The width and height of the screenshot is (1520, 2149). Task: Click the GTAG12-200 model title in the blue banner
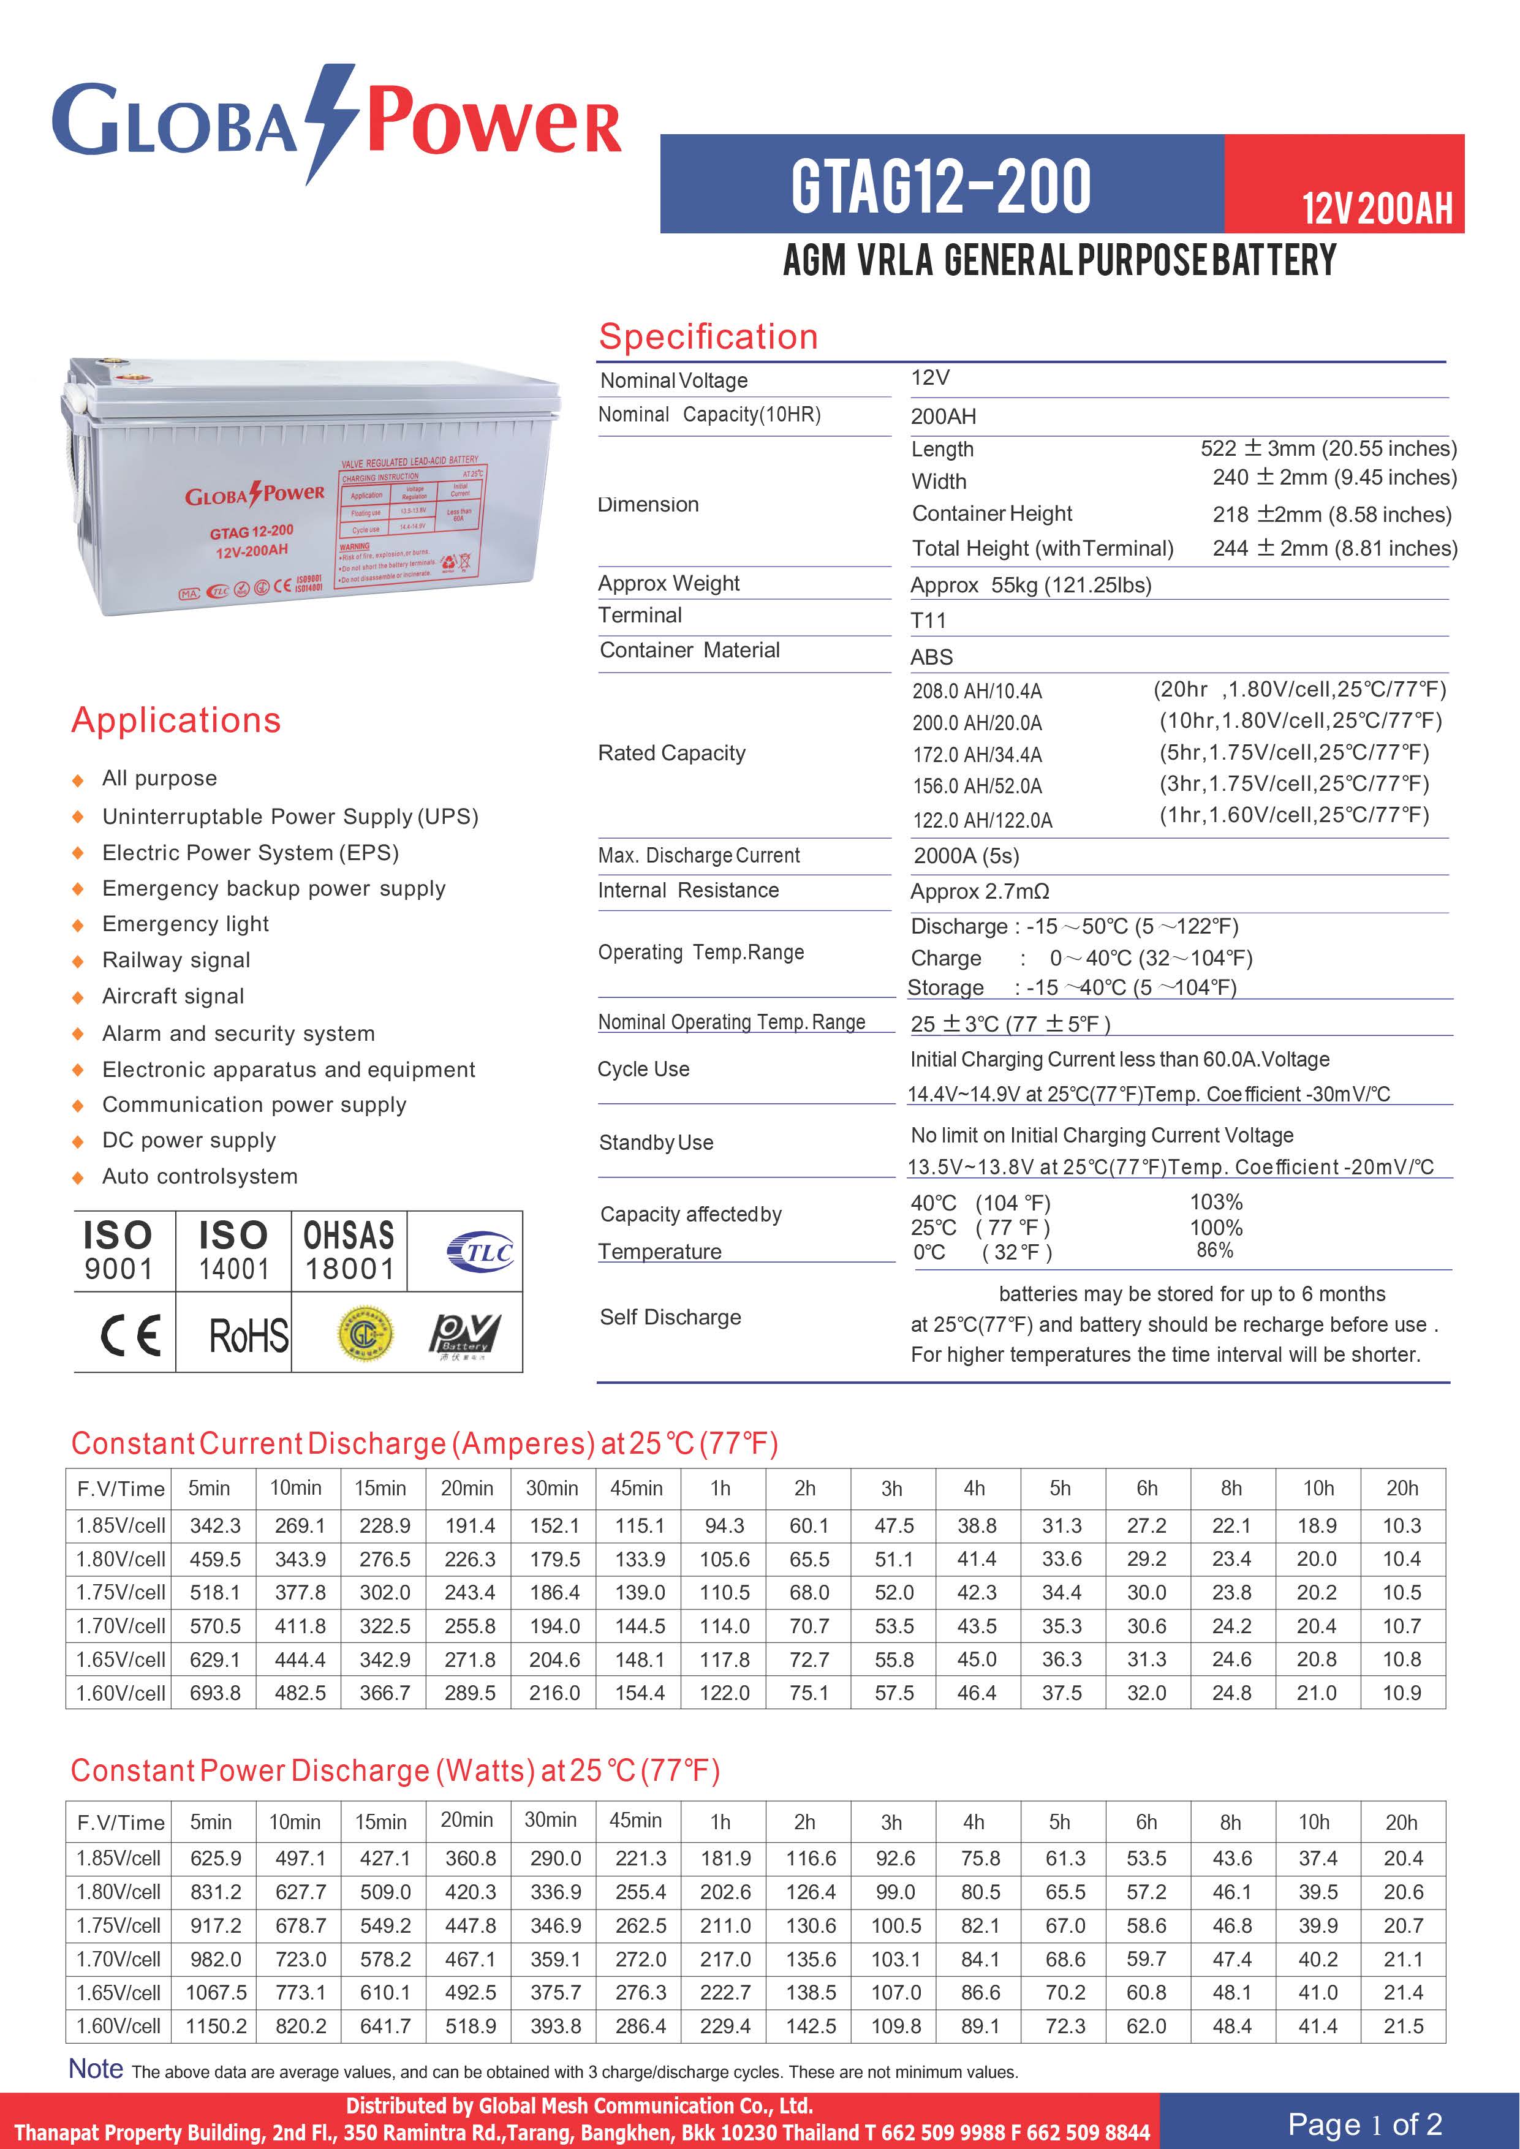(x=940, y=186)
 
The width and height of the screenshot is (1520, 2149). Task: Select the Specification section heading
(x=708, y=337)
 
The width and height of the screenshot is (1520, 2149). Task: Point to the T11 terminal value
(x=928, y=621)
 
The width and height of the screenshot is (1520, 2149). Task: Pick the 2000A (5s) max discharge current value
(x=966, y=855)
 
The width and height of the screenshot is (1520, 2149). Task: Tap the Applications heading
(x=176, y=720)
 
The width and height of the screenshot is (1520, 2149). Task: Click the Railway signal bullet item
(x=176, y=961)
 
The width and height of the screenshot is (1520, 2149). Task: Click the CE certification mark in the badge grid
(x=130, y=1334)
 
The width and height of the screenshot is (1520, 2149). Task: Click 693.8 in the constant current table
(x=215, y=1693)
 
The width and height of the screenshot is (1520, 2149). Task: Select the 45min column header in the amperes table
(x=637, y=1488)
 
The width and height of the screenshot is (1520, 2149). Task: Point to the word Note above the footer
(x=96, y=2069)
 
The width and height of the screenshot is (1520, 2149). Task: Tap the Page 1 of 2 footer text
(x=1364, y=2124)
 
